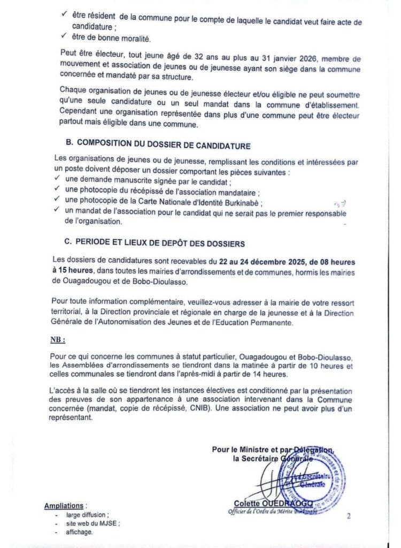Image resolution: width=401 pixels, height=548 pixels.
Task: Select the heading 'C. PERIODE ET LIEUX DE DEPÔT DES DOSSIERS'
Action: coord(155,243)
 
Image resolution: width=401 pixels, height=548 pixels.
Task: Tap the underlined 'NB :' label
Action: coord(58,340)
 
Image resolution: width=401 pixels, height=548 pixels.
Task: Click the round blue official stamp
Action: coord(313,480)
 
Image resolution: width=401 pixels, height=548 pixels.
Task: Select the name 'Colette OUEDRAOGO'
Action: coord(273,504)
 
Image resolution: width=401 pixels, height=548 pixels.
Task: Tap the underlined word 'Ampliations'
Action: coord(64,505)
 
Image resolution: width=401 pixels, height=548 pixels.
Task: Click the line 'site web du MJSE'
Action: coord(89,523)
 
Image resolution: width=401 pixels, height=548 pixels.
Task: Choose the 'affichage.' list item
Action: coord(80,532)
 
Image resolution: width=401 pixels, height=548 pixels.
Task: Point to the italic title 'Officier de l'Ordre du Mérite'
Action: coord(267,512)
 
